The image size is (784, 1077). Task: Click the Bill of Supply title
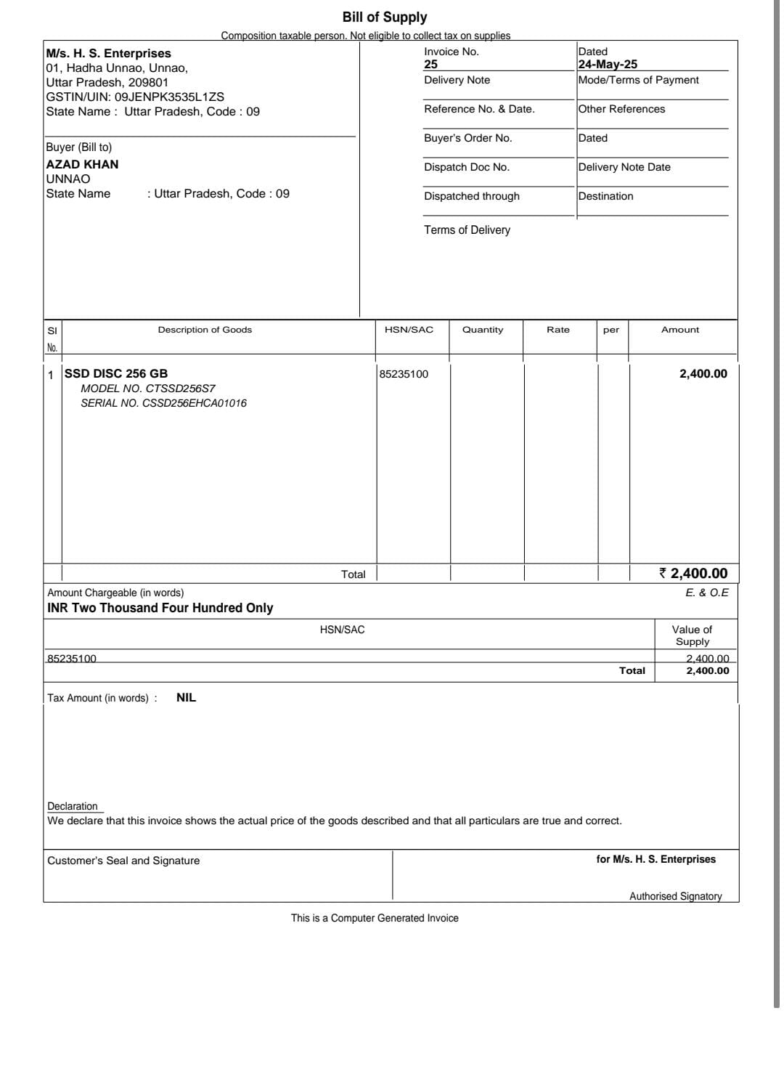click(x=384, y=17)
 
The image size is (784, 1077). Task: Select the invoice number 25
click(x=430, y=64)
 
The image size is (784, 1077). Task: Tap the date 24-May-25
click(x=608, y=64)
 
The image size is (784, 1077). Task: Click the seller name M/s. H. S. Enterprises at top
click(x=108, y=53)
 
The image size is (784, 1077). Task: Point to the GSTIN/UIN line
click(x=134, y=97)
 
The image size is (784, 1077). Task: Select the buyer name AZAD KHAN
click(x=82, y=164)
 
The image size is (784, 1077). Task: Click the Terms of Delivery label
click(x=467, y=229)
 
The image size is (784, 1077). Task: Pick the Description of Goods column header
click(x=205, y=330)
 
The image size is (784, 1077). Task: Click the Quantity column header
click(x=482, y=330)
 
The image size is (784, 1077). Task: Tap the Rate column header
click(x=558, y=330)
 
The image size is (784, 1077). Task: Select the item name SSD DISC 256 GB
click(x=116, y=373)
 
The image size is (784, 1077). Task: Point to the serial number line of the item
click(x=163, y=403)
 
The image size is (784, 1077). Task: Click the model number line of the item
click(x=147, y=389)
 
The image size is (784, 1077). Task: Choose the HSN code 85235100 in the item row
click(x=404, y=374)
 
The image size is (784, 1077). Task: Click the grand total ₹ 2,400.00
click(x=693, y=573)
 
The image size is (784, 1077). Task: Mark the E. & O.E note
click(x=706, y=593)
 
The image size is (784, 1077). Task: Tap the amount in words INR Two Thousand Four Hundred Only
click(x=160, y=608)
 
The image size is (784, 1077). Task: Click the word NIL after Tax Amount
click(x=186, y=697)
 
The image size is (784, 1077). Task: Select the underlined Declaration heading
click(x=73, y=806)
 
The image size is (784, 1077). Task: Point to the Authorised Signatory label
click(x=675, y=896)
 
